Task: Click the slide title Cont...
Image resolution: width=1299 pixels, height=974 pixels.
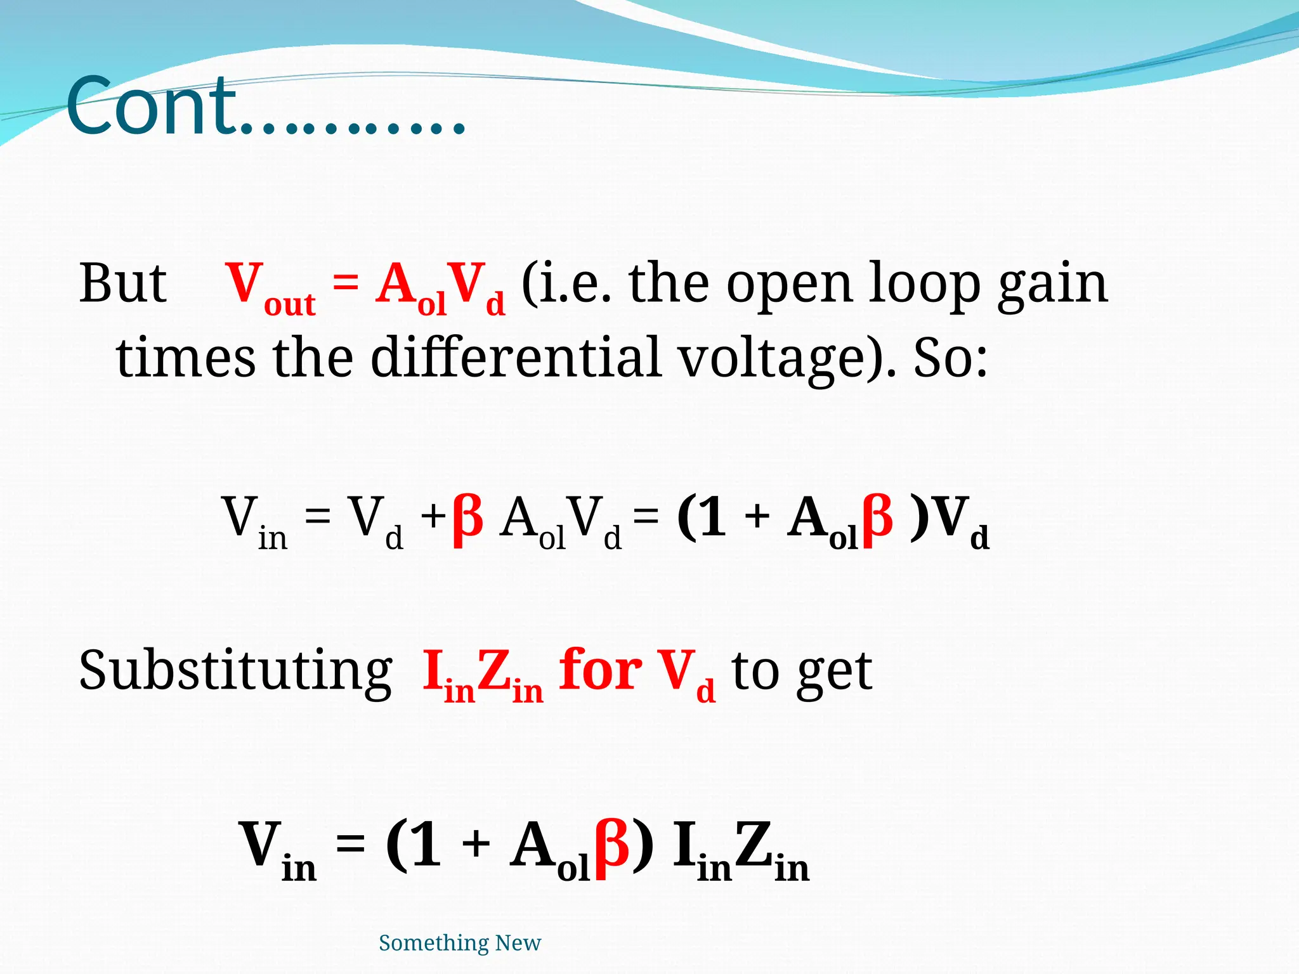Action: coord(266,107)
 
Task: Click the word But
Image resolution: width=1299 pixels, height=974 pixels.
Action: coord(122,283)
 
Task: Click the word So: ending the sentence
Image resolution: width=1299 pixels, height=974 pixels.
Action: coord(950,358)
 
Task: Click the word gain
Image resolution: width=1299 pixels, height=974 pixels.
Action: coord(1053,285)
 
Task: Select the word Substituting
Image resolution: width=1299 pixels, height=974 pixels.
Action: coord(235,672)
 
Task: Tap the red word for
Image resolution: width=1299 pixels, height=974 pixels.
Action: coord(600,670)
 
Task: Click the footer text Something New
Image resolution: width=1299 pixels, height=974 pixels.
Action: coord(460,943)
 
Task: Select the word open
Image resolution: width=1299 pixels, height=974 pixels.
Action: coord(789,286)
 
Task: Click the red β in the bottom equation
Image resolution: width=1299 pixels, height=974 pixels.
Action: coord(612,847)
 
